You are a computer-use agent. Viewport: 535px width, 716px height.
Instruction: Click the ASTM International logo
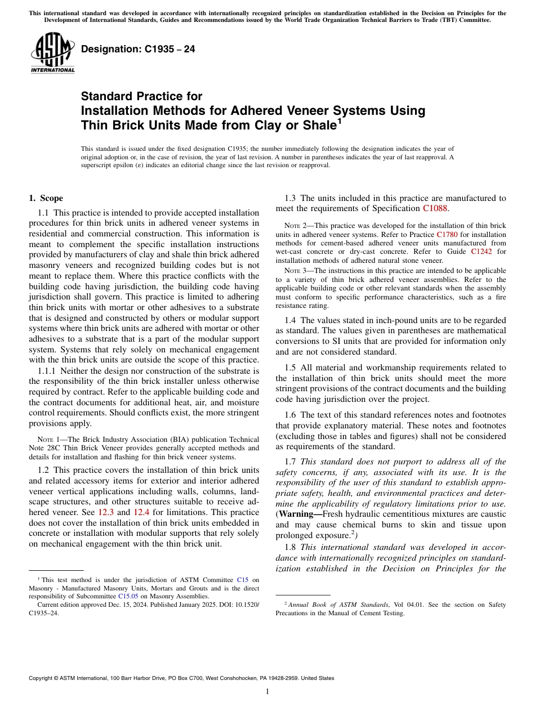coord(52,54)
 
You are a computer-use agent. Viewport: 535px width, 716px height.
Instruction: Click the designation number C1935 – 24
coord(138,50)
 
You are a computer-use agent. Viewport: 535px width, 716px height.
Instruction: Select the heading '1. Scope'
coord(46,198)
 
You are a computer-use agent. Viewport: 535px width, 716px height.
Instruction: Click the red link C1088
coord(435,208)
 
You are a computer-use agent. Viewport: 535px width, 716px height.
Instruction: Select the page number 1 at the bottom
coord(267,692)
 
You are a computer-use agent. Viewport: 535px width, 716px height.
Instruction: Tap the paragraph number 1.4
coord(290,320)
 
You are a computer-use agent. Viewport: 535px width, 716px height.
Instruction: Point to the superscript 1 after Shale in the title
coord(338,120)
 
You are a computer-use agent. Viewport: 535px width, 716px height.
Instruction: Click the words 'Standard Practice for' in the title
coord(141,96)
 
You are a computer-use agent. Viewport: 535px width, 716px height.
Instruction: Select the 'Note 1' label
coord(45,440)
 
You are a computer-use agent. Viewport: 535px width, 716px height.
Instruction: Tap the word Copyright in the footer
coord(43,678)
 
